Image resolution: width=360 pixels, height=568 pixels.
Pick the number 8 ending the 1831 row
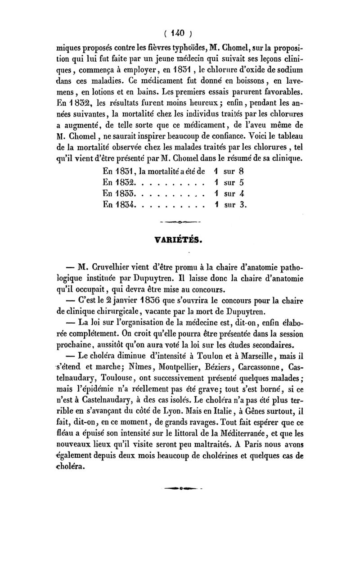click(242, 171)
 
